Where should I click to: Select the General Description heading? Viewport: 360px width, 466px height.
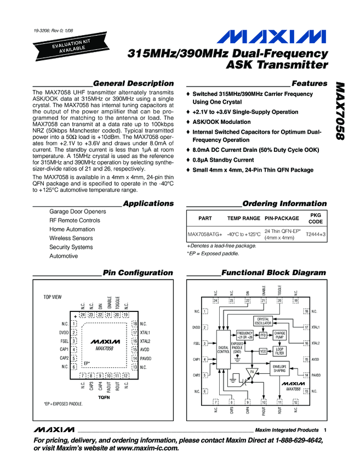click(x=134, y=83)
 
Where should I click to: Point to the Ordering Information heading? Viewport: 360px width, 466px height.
click(x=284, y=203)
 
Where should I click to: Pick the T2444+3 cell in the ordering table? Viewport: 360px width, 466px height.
click(x=315, y=234)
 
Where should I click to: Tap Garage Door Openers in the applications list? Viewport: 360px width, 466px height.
click(x=77, y=212)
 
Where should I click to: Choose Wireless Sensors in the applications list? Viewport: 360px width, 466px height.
click(x=71, y=238)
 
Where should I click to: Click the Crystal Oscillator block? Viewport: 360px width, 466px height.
click(x=264, y=321)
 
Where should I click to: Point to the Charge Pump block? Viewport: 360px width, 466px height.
click(x=279, y=334)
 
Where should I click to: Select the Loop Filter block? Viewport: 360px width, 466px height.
click(x=279, y=351)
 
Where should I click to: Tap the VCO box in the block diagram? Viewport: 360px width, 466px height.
click(x=263, y=351)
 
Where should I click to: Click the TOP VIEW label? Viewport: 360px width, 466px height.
click(x=53, y=297)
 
